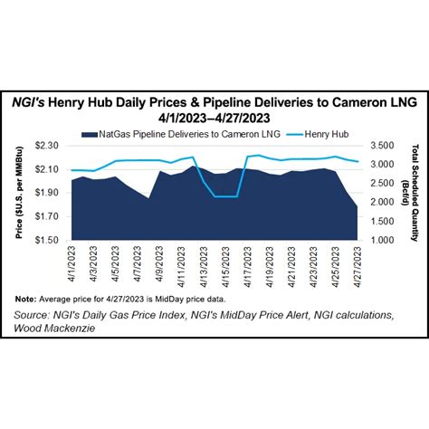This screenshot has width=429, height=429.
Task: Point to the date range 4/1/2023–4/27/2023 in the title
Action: pos(215,118)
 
